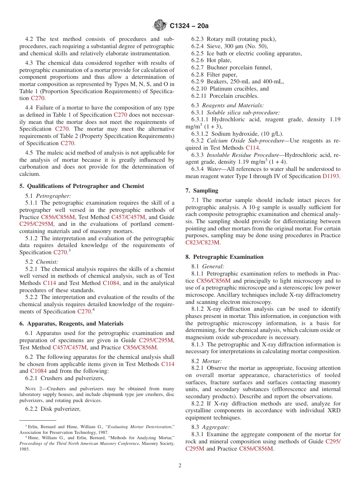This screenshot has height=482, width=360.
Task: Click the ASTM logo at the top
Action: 160,25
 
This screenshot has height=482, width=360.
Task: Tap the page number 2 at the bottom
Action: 180,466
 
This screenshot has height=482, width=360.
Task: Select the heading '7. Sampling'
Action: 202,191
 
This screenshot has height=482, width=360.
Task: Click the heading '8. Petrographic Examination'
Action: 224,257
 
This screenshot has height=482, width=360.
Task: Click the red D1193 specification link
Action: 331,176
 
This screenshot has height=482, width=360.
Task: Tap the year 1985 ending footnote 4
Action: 25,449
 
